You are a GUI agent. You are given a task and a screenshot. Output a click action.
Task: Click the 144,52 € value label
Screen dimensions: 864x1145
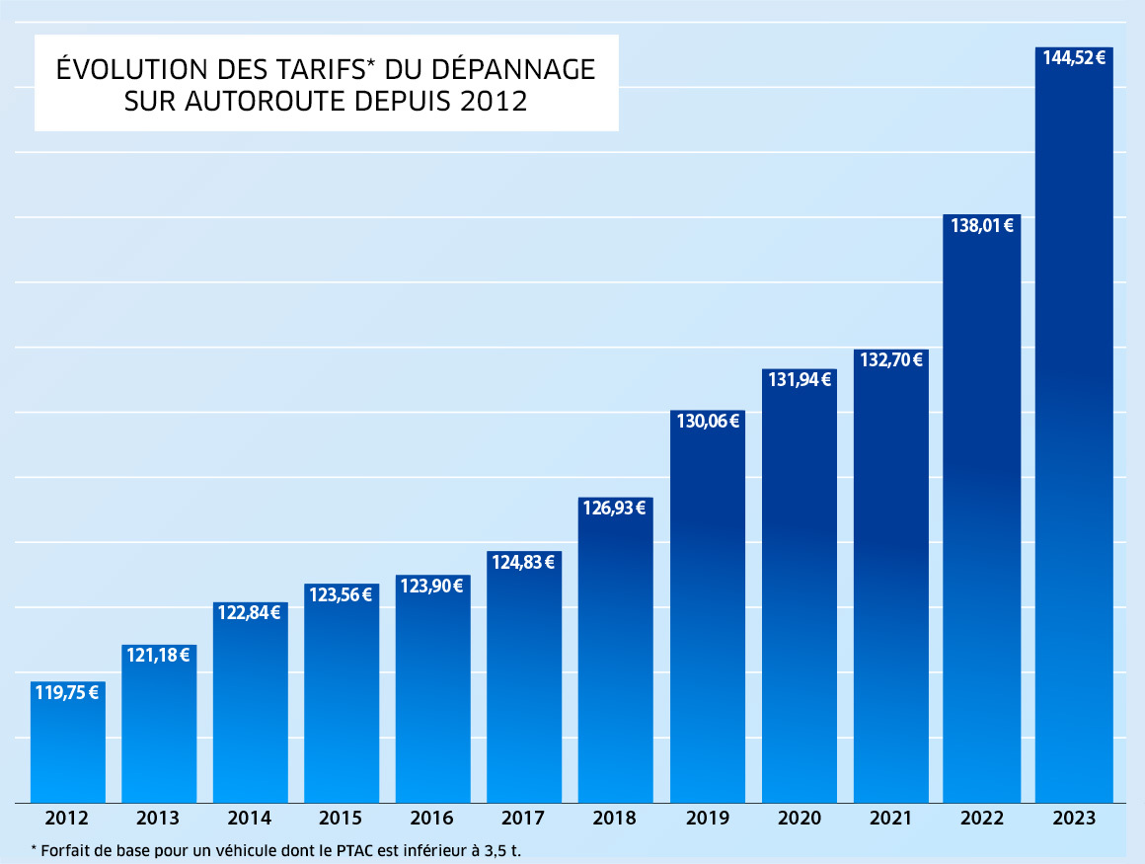pos(1074,57)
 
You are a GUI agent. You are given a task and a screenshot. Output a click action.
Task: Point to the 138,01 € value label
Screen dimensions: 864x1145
pos(982,225)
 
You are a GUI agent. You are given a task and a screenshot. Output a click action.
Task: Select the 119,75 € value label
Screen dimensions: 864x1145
pos(67,692)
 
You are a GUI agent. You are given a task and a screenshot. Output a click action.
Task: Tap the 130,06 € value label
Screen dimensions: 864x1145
pos(708,421)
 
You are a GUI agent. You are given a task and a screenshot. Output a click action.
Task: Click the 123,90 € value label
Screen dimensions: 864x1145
pos(432,586)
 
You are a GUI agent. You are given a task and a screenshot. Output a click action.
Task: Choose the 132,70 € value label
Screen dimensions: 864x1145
pos(890,359)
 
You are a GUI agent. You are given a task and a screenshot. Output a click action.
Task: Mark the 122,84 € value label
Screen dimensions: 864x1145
pos(250,613)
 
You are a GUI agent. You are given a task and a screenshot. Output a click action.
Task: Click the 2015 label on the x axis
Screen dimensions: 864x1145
pos(342,819)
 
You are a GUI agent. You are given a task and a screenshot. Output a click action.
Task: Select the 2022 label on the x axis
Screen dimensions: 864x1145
pos(982,819)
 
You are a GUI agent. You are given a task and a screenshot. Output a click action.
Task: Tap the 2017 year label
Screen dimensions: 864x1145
pos(524,819)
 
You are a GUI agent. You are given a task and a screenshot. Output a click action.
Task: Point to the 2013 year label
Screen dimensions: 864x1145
pos(159,819)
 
